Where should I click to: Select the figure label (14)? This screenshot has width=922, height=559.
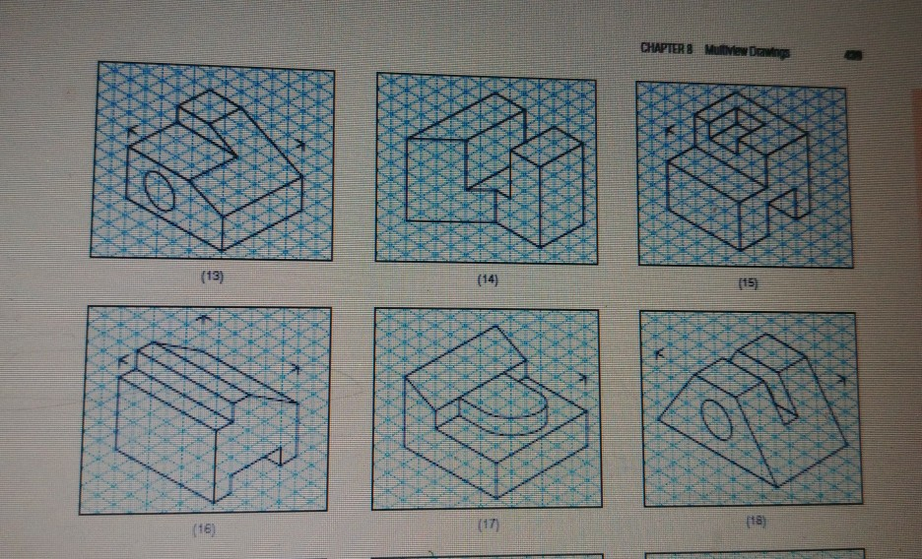tap(487, 280)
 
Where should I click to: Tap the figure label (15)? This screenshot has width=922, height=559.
tap(752, 284)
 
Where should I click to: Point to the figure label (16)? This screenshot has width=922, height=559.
tap(203, 529)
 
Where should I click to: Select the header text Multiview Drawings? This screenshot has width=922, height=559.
tap(747, 52)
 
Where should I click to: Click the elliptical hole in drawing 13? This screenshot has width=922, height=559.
tap(161, 191)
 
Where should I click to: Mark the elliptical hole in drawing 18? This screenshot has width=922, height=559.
tap(717, 420)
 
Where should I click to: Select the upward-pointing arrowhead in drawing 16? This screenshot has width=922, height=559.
tap(202, 318)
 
